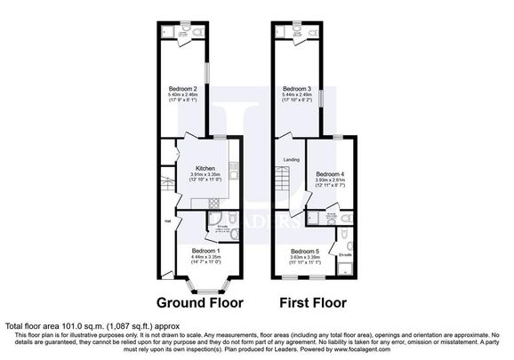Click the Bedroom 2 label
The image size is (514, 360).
tap(183, 88)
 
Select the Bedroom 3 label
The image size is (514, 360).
tap(296, 88)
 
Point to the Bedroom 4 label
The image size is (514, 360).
tap(329, 174)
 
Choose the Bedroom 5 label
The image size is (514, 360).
tap(303, 252)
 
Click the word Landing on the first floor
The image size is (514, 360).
tap(291, 160)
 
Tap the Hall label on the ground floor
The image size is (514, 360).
tap(166, 221)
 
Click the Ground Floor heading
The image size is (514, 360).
tap(200, 302)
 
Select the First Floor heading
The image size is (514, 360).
tap(312, 302)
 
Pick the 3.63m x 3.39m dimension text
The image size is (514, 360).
tap(303, 258)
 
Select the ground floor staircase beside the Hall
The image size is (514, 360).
tap(165, 188)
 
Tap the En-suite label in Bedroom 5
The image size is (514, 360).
tap(345, 254)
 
